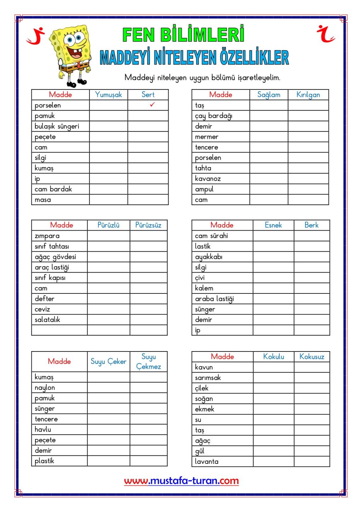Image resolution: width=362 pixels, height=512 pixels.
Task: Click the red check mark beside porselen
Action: (152, 105)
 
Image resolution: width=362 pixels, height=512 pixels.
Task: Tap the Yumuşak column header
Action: (108, 94)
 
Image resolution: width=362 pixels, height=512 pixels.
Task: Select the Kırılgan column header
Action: (308, 94)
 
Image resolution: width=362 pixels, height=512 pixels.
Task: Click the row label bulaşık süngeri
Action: (57, 126)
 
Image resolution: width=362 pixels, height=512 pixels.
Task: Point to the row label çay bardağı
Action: (214, 116)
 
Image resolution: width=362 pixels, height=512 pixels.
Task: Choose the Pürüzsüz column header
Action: (148, 225)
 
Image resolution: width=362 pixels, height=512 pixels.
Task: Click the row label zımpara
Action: (47, 236)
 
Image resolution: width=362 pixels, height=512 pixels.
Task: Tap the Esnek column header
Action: (273, 225)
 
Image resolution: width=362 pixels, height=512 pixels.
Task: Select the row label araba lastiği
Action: (214, 299)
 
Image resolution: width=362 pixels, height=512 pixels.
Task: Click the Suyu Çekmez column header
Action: (148, 361)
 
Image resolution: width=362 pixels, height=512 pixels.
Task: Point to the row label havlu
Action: (43, 430)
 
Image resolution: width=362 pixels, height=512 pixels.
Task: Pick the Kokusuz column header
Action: (311, 356)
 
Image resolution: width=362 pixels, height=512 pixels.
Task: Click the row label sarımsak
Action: (208, 378)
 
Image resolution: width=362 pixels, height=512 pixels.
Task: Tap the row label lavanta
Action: (207, 461)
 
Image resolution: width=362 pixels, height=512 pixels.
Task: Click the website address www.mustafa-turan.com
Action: (181, 481)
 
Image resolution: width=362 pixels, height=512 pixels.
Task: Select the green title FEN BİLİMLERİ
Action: (183, 35)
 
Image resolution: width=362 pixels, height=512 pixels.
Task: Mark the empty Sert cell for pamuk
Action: (148, 116)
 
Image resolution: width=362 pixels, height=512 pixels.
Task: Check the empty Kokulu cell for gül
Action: (273, 451)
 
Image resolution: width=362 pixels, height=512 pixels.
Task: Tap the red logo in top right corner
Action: (326, 34)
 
